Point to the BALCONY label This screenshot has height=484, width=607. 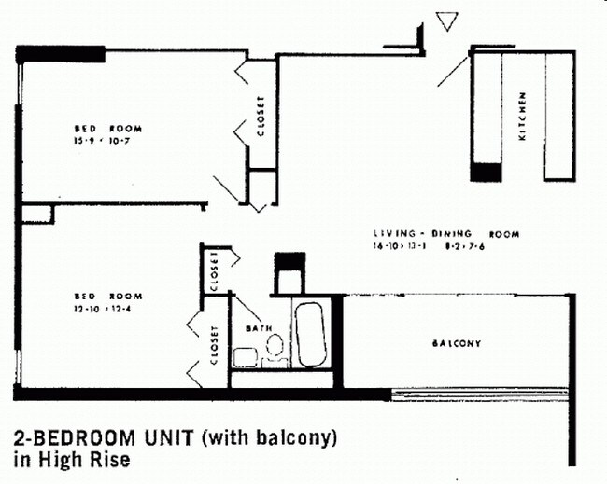[456, 343]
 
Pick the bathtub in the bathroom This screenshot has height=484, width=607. [309, 336]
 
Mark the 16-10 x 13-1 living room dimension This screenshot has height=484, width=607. [398, 246]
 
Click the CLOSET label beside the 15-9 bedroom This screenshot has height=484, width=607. [261, 117]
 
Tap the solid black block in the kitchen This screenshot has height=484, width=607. [486, 172]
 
